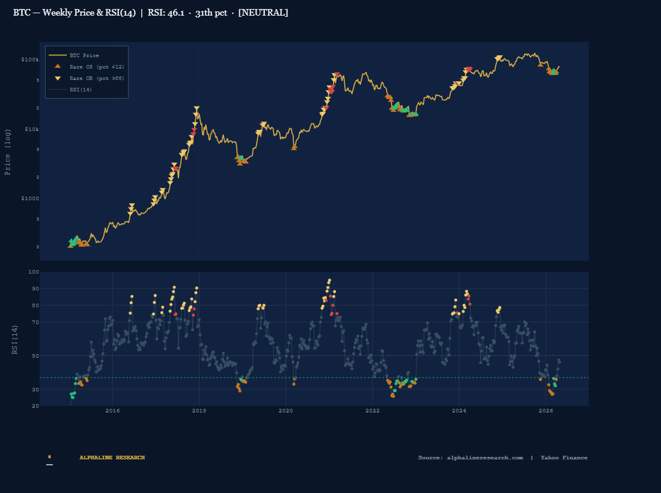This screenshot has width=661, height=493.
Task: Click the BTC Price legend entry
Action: click(x=84, y=55)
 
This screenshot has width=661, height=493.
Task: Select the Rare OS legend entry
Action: click(x=97, y=67)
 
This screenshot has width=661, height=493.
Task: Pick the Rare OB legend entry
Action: click(x=97, y=78)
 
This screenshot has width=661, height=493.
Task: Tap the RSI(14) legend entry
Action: click(x=81, y=90)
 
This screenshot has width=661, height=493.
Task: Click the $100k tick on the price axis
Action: click(x=30, y=60)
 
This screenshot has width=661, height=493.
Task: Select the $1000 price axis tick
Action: click(x=30, y=198)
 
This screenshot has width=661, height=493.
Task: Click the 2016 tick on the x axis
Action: click(x=112, y=411)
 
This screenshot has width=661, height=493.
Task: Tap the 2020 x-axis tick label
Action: click(x=286, y=411)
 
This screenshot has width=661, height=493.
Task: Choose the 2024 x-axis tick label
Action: click(x=459, y=411)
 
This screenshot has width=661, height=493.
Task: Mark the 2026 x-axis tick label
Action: click(x=546, y=411)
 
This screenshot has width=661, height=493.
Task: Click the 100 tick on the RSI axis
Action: click(x=34, y=272)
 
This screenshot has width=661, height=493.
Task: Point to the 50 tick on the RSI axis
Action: click(x=35, y=356)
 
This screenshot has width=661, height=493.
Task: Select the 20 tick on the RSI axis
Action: click(x=35, y=406)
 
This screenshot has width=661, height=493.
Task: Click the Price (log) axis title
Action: click(x=8, y=152)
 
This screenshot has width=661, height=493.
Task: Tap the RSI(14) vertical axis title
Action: click(x=16, y=339)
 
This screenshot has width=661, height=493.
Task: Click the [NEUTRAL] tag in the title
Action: click(x=263, y=13)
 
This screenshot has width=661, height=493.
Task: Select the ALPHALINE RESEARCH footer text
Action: click(x=112, y=458)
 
